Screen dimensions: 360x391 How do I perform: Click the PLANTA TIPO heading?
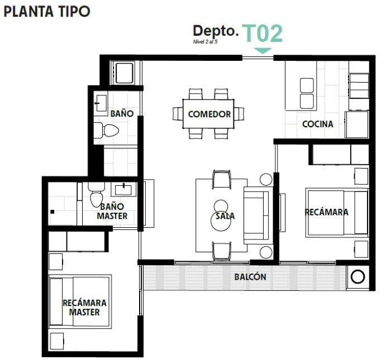click(47, 12)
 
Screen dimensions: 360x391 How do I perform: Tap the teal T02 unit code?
click(263, 33)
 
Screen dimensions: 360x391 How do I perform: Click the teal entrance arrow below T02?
click(263, 51)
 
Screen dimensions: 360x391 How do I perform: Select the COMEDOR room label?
click(209, 114)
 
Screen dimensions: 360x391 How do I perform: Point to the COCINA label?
click(317, 124)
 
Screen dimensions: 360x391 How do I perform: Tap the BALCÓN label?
click(250, 277)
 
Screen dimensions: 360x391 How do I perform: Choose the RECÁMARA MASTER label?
click(84, 307)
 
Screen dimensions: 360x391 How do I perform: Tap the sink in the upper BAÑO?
click(102, 101)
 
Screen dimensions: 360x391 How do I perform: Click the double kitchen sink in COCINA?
click(307, 93)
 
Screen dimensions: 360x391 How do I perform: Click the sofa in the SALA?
click(256, 215)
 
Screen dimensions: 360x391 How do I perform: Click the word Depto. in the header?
click(216, 31)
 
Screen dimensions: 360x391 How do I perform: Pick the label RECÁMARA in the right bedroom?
click(326, 212)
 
